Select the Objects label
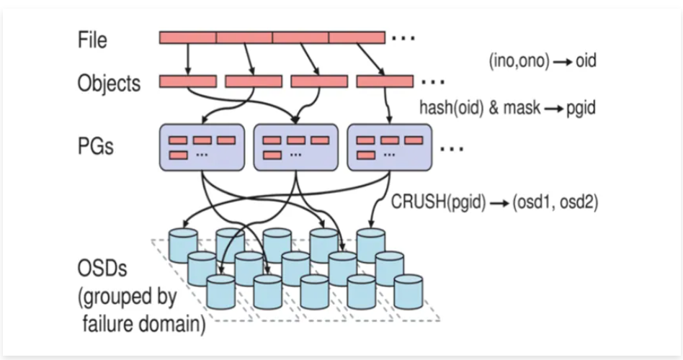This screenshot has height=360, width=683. [x=108, y=83]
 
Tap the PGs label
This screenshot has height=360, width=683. [x=95, y=148]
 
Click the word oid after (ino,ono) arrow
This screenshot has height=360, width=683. [x=586, y=62]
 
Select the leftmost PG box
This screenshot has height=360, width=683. [x=201, y=147]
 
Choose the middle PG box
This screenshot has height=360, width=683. [x=296, y=147]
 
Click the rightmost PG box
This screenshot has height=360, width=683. [x=390, y=147]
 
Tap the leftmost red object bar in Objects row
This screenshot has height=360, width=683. [x=187, y=81]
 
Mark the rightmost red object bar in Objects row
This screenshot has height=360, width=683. [x=385, y=81]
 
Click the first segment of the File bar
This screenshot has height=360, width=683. [x=187, y=37]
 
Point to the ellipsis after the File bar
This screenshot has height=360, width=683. [x=403, y=37]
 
